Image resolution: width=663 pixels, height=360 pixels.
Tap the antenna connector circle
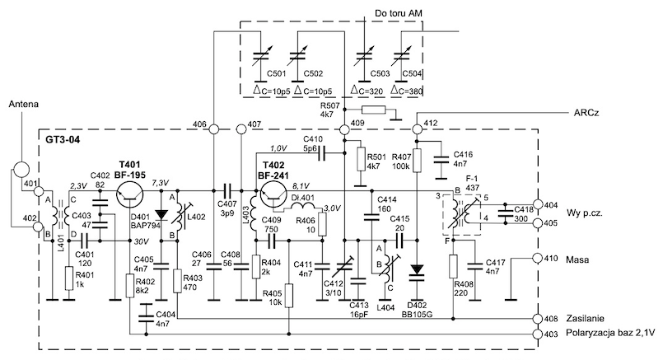(x=21, y=170)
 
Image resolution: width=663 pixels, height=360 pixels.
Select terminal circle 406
(x=213, y=129)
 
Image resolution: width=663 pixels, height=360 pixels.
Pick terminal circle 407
(x=241, y=129)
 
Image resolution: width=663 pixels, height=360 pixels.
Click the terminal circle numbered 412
(x=418, y=129)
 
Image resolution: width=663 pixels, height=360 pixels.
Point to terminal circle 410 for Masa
(x=538, y=258)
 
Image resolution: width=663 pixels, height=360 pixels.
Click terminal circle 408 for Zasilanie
(x=538, y=319)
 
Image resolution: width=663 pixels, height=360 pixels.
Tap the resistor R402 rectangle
(x=130, y=286)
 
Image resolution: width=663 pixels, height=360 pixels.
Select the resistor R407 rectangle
(x=418, y=161)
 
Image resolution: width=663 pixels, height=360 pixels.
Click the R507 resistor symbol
(x=374, y=110)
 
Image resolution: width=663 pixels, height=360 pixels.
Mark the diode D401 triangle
(x=161, y=215)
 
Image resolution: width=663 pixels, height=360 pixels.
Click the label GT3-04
(x=63, y=139)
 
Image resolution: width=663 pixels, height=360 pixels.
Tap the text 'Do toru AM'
(x=399, y=14)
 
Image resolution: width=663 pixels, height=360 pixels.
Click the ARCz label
(x=586, y=113)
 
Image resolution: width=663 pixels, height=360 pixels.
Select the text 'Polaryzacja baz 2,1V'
(x=610, y=333)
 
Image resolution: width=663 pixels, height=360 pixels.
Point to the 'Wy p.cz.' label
(x=585, y=213)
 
